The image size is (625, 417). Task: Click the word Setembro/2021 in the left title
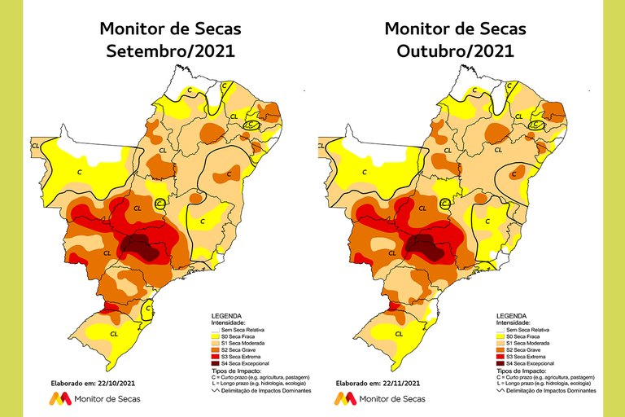(170, 51)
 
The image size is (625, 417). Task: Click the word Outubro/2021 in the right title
(455, 51)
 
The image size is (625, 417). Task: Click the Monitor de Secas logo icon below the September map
(59, 398)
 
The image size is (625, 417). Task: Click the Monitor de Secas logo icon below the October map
(344, 398)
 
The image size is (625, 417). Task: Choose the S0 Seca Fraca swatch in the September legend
(216, 335)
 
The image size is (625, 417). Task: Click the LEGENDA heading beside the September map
(226, 315)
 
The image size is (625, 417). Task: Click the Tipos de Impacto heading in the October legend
(522, 371)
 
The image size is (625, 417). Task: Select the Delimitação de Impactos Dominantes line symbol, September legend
(216, 391)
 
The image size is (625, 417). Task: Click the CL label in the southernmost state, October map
(399, 333)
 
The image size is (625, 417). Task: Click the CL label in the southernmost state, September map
(115, 333)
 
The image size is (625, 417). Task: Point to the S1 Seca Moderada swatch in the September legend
(216, 342)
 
